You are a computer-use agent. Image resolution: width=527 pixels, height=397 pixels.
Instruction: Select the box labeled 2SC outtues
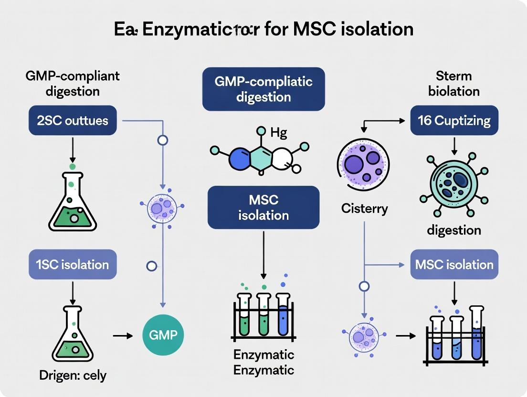coord(73,120)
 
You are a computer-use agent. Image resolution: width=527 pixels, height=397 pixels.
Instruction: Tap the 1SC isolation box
coord(73,264)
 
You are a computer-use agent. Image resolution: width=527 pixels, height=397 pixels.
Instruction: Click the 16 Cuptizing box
coord(454,120)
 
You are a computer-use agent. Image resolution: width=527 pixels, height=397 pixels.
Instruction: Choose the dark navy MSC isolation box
coord(263,208)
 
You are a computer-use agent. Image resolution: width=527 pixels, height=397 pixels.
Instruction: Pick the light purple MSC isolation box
coord(454,264)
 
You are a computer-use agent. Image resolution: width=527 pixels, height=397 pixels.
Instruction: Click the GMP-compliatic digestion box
coord(263,89)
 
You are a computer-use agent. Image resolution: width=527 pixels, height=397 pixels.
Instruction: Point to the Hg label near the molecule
coord(278,133)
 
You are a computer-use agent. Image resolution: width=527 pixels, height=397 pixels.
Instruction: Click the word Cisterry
coord(364,209)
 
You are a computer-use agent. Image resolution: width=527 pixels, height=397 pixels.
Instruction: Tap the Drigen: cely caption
coord(73,376)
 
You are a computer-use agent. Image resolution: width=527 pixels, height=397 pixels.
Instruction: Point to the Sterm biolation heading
coord(453,83)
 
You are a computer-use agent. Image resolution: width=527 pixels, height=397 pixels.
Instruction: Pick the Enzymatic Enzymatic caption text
coord(263,362)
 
